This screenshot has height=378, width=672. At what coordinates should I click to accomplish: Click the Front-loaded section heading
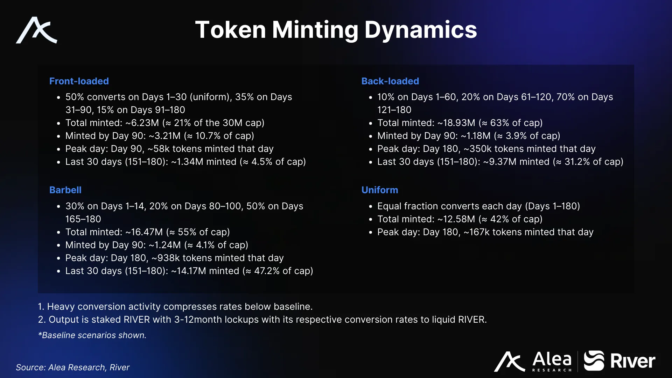click(79, 81)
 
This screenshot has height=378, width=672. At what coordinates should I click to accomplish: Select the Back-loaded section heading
click(390, 81)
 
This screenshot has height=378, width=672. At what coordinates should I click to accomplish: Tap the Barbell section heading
click(65, 190)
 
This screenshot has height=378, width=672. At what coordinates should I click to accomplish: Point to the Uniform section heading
click(380, 190)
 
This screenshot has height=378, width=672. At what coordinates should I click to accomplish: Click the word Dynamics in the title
click(421, 30)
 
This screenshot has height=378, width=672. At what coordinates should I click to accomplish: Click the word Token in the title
click(231, 30)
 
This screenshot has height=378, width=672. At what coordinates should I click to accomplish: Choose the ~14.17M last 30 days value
click(189, 271)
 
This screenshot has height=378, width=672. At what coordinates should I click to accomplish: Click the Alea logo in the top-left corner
click(36, 30)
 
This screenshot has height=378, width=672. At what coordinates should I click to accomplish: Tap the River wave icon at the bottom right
click(594, 360)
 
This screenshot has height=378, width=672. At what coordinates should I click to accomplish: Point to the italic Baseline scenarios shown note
click(92, 335)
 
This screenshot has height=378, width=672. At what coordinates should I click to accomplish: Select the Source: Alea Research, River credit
click(72, 367)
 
